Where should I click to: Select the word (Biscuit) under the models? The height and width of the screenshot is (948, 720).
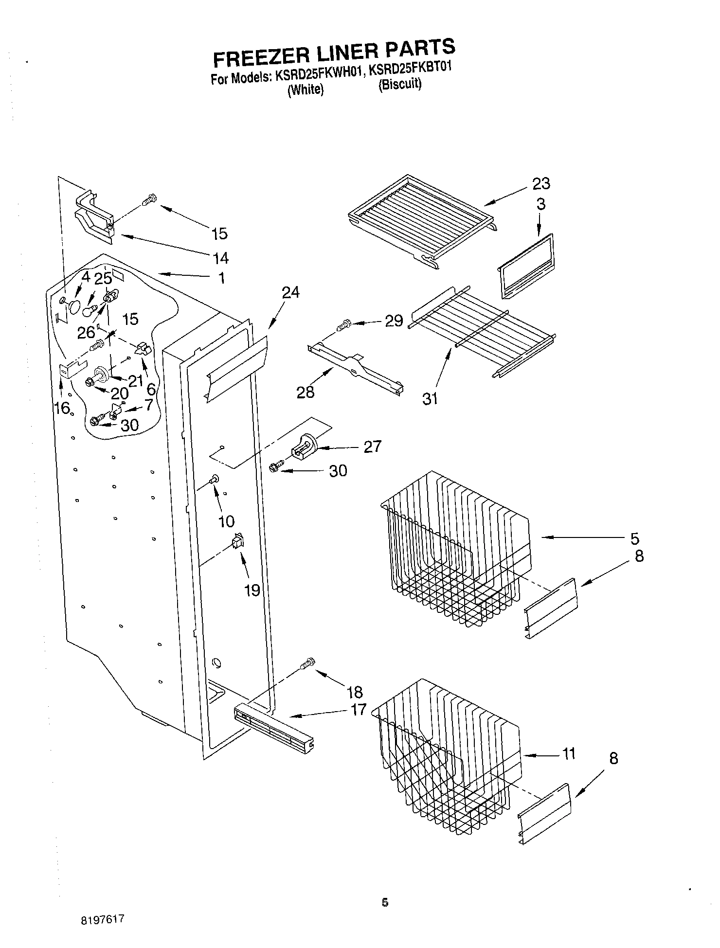click(400, 85)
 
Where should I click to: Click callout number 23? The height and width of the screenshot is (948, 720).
click(540, 184)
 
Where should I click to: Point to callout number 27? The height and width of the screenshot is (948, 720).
click(372, 447)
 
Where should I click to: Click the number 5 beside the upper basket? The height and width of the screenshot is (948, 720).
click(634, 538)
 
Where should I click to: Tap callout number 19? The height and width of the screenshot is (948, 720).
click(252, 590)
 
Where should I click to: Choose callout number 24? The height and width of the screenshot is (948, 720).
click(290, 292)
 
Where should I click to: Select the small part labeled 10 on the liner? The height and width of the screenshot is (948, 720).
click(214, 480)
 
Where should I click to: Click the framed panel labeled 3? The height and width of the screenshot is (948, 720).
click(526, 265)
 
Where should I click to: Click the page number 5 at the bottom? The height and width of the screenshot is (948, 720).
click(385, 903)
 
